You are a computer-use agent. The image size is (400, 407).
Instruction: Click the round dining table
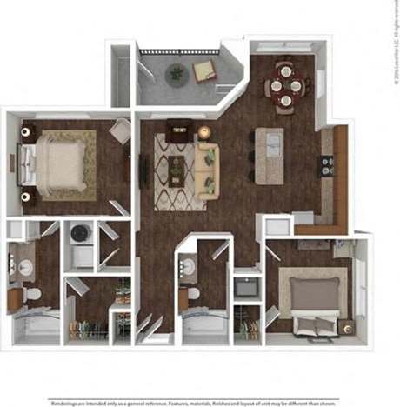tap(283, 85)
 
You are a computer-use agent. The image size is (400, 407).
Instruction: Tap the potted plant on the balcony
tap(177, 74)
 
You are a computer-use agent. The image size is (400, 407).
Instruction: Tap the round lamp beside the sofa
tap(203, 132)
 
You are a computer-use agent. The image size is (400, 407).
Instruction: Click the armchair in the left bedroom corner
tap(119, 132)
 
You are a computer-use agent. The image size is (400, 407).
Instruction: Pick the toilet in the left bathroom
tap(33, 296)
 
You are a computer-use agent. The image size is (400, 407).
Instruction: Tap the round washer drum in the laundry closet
tap(81, 233)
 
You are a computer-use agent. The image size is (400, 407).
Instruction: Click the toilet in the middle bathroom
tap(192, 295)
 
